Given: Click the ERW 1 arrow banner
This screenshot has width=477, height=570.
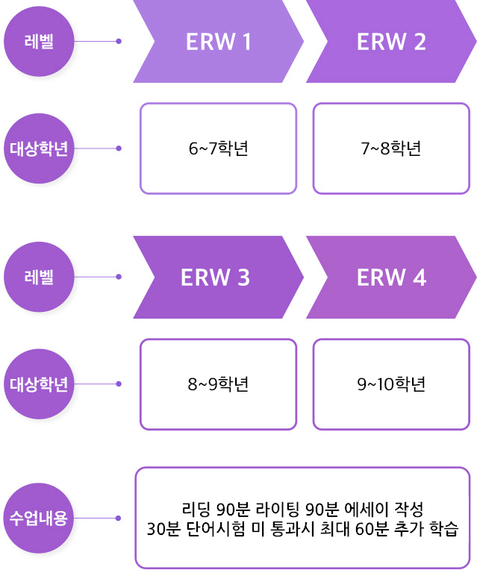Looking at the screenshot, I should click(218, 42).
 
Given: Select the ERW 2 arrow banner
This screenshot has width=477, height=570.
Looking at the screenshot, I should click(391, 42).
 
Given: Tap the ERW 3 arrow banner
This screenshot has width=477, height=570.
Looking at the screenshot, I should click(215, 278).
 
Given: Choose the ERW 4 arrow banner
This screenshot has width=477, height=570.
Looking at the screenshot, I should click(391, 278).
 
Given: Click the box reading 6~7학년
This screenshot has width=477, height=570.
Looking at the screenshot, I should click(218, 148).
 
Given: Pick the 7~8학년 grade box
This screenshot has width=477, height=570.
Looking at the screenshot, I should click(391, 148).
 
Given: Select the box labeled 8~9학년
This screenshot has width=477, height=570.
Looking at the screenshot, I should click(218, 384).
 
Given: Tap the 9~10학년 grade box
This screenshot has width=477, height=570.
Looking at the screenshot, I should click(391, 384).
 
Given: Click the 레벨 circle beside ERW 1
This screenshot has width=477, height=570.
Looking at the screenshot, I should click(39, 42).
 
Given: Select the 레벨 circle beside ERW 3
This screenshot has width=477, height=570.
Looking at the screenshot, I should click(39, 278).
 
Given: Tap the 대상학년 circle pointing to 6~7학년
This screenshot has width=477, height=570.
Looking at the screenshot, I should click(39, 148).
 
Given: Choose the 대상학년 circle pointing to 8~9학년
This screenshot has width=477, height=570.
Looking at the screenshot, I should click(39, 384).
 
